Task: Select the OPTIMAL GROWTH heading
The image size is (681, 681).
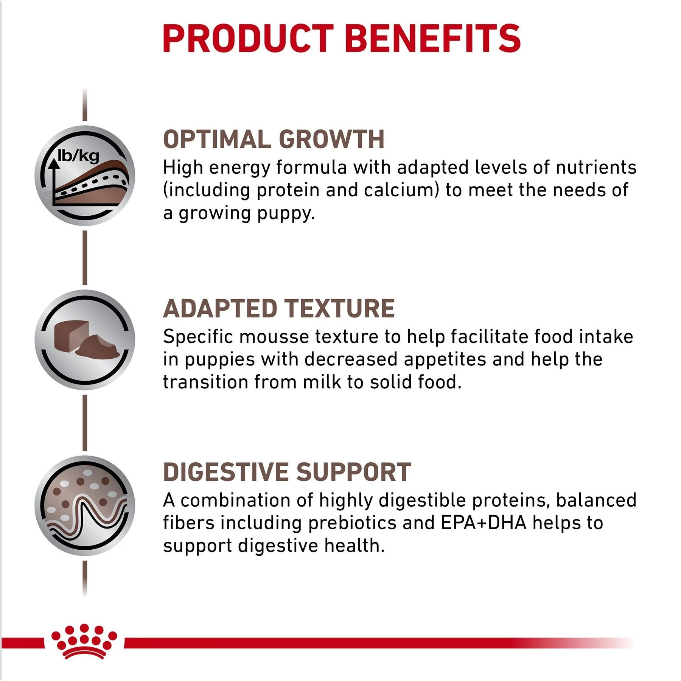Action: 274,139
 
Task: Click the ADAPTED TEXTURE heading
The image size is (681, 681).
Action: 279,308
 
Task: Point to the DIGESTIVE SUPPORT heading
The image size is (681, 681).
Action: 287,472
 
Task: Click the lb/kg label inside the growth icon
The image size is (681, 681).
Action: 78,155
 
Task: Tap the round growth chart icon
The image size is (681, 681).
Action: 85,176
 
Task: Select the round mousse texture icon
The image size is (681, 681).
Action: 85,339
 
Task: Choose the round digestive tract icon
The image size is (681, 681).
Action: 85,505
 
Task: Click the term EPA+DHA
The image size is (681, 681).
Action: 484,523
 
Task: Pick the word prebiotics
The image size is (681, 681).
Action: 352,523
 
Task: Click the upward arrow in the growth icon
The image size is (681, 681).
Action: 54,178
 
